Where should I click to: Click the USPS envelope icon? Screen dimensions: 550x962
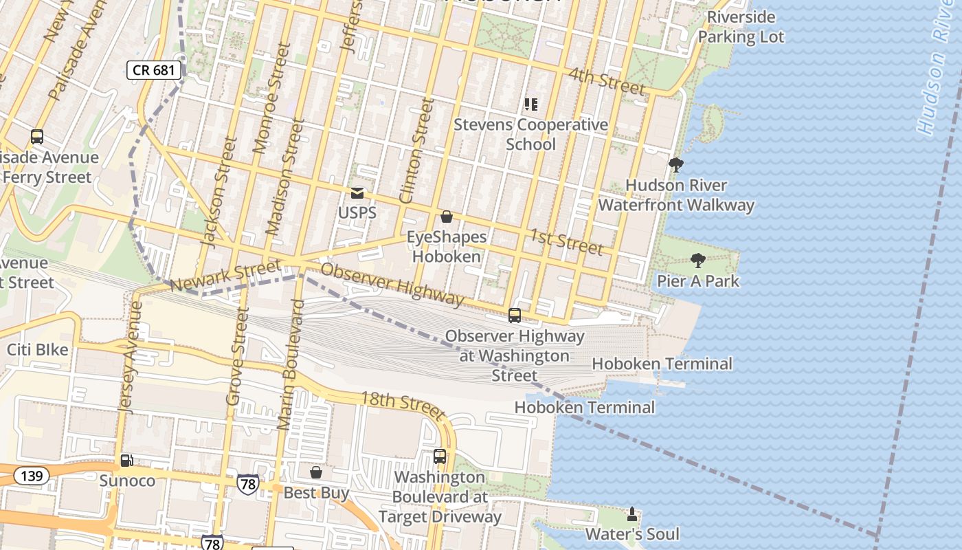coord(357,193)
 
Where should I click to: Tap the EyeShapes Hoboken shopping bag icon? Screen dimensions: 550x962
coord(447,217)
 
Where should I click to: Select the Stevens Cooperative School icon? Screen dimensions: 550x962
coord(530,104)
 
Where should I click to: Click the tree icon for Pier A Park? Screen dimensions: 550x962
coord(698,261)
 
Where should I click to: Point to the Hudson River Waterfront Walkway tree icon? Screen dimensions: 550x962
coord(675,165)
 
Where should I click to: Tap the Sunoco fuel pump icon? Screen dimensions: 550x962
coord(126,461)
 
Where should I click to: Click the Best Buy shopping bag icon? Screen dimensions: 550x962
coord(316,472)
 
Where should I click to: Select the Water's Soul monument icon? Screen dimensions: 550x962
coord(632,514)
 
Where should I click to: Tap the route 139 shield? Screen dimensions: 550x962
coord(31,475)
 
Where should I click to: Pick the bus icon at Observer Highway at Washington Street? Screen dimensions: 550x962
coord(515,316)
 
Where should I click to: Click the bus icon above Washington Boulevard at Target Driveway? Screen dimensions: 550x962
coord(440,456)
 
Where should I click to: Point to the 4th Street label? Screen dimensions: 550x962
coord(607,81)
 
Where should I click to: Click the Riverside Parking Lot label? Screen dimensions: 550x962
coord(741,27)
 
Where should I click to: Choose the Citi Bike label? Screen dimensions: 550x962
coord(38,350)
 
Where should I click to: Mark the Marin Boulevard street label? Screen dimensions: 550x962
coord(291,364)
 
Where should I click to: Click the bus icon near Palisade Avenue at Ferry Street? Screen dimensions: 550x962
coord(37,137)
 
